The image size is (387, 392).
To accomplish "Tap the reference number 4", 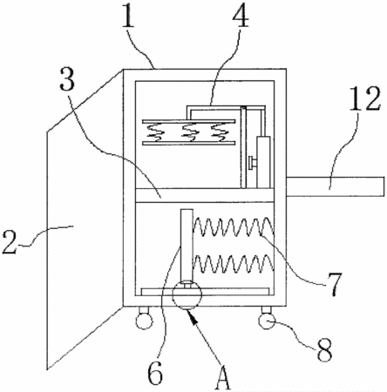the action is [241, 15].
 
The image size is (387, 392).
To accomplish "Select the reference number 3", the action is [67, 78].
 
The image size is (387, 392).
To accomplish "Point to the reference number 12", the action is [364, 98].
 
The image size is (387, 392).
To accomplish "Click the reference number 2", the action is [10, 241].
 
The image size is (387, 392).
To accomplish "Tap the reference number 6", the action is [155, 373].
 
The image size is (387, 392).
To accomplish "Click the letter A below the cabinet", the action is [223, 378].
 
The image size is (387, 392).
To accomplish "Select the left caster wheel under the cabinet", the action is [144, 321].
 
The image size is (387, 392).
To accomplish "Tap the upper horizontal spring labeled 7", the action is [234, 226].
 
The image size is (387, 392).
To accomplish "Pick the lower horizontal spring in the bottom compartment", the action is [234, 264].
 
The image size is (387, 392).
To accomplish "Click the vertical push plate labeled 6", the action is [187, 244].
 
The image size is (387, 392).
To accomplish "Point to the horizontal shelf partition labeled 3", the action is [205, 195].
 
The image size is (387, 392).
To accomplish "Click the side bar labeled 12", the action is [336, 186].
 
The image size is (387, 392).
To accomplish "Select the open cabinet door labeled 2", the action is [85, 220].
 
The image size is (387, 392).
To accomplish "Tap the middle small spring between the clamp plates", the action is [190, 132].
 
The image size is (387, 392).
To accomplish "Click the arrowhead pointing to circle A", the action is [193, 316].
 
